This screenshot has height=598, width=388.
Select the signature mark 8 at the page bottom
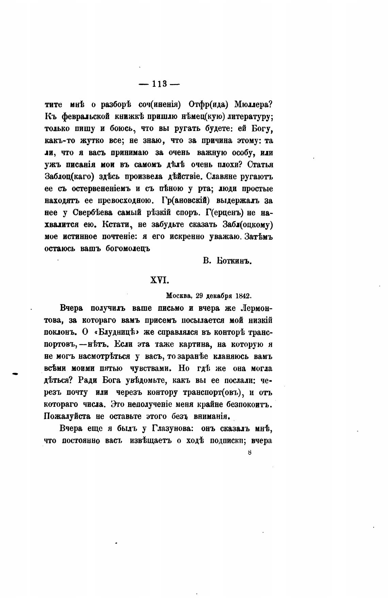(x=250, y=452)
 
